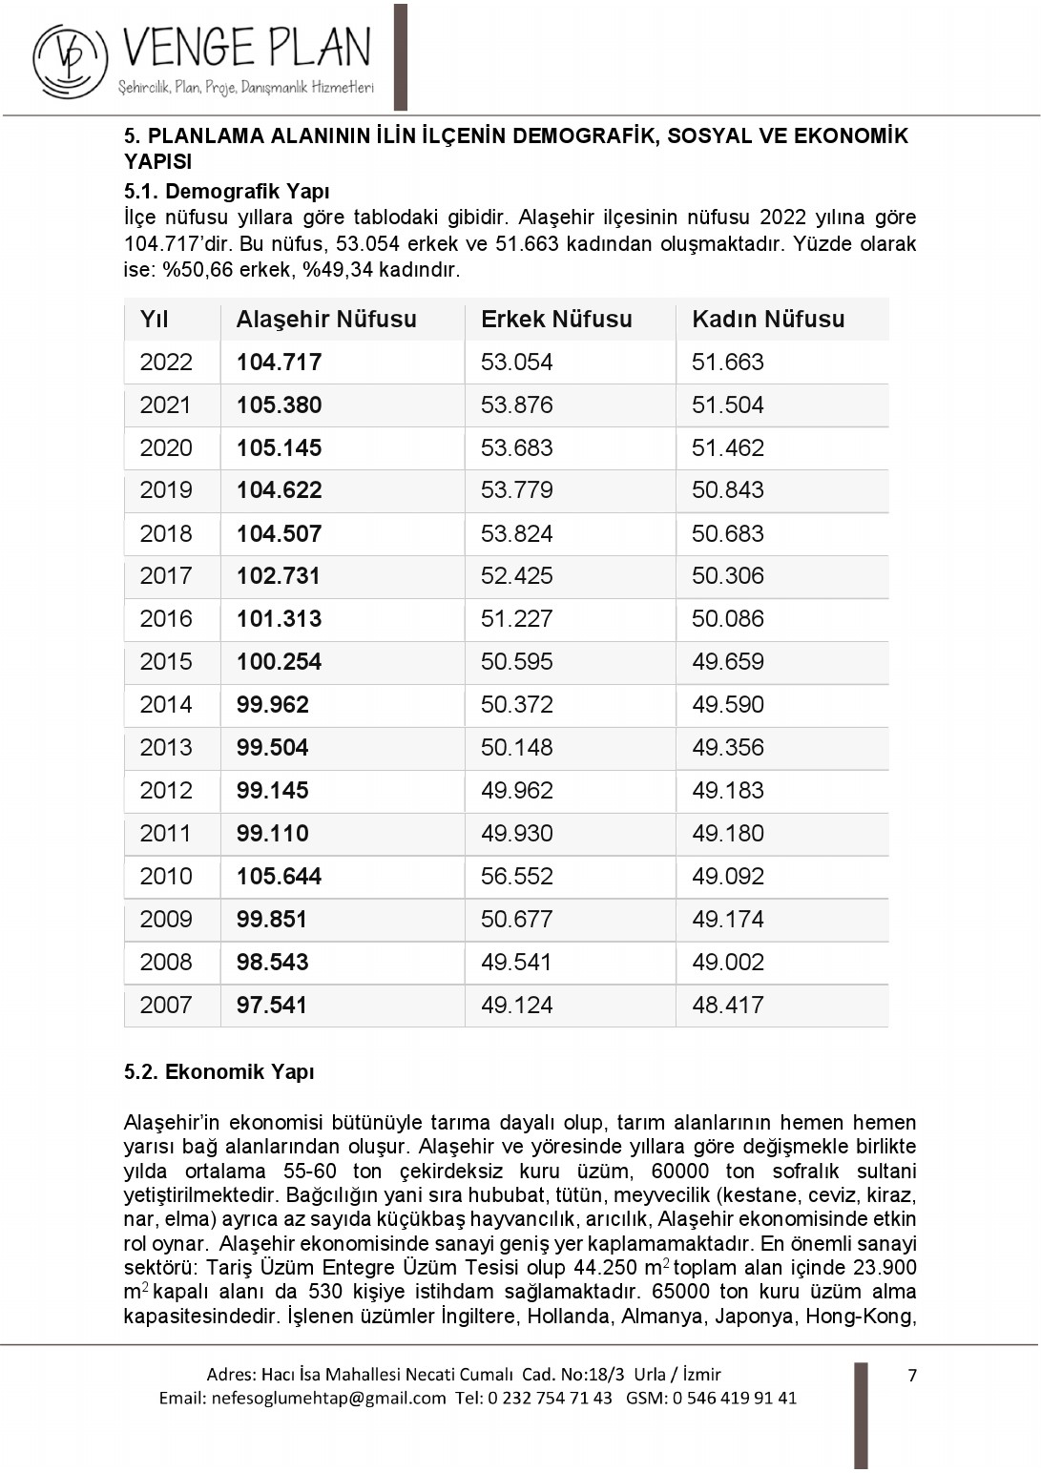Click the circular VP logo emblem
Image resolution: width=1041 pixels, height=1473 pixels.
tap(70, 60)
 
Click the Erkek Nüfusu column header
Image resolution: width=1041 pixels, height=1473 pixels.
tap(556, 320)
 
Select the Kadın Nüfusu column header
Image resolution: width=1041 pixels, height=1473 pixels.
tap(768, 320)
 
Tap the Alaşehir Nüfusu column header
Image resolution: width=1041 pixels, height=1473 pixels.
tap(326, 320)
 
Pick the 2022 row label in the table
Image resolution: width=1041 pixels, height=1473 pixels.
tap(166, 363)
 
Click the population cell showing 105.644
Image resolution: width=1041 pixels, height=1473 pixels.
tap(280, 877)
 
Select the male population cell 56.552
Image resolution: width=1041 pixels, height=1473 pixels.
tap(517, 877)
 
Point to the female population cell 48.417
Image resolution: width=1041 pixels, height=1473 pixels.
tap(728, 1006)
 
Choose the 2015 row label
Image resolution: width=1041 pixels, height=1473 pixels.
tap(166, 662)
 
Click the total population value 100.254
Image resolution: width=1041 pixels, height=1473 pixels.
tap(280, 662)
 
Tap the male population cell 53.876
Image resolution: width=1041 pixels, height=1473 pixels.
tap(517, 405)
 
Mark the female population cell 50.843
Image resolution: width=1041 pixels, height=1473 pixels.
tap(728, 490)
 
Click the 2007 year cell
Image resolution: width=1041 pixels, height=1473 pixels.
tap(166, 1006)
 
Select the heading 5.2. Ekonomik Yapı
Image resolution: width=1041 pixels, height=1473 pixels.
tap(219, 1072)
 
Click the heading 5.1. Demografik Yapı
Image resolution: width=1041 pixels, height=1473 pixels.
tap(226, 192)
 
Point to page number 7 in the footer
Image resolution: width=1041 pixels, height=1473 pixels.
tap(912, 1375)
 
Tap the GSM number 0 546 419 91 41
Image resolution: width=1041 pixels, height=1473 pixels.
tap(734, 1399)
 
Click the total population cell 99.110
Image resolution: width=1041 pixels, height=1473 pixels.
tap(273, 834)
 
